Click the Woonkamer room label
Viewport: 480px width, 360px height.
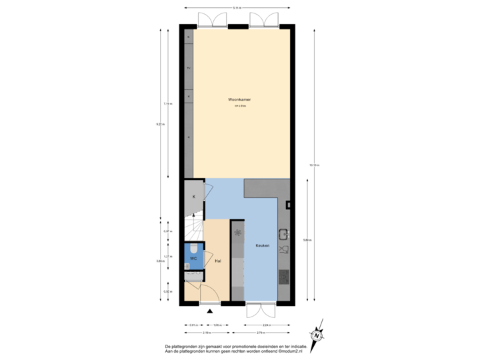pos(242,100)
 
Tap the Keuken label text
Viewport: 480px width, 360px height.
pos(262,246)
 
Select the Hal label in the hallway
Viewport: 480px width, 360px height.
pos(218,261)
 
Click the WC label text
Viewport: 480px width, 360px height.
pos(193,258)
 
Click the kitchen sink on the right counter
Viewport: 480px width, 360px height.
pos(283,234)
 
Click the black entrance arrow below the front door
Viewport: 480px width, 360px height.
pos(210,309)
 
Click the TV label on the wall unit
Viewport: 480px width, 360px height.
pos(189,68)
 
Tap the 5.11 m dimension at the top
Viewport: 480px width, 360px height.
pos(237,7)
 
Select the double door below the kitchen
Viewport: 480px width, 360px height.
pos(260,309)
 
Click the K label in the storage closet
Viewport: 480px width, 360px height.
pos(193,197)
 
